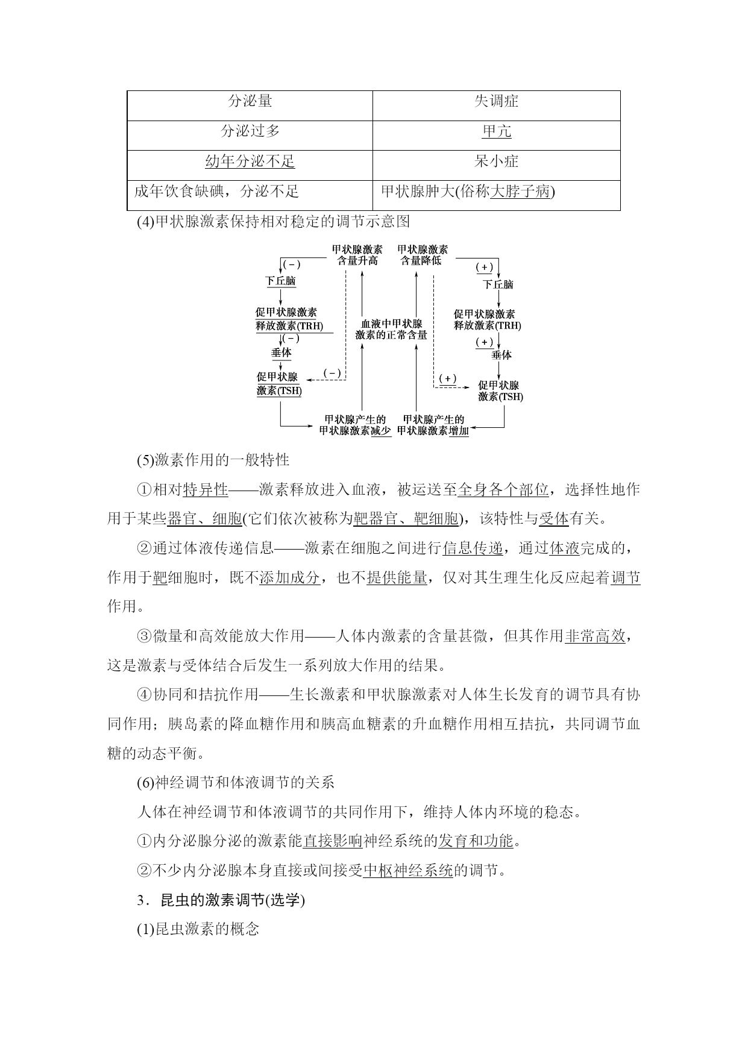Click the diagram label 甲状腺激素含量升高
(x=357, y=255)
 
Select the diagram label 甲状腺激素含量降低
(x=423, y=255)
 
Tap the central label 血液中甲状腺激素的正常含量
(x=391, y=329)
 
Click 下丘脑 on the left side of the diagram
(x=281, y=281)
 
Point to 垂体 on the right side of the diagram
(x=501, y=355)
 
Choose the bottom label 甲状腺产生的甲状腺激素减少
(x=355, y=425)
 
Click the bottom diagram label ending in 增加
(x=433, y=425)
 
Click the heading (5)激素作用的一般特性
(x=213, y=460)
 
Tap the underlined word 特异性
(x=206, y=489)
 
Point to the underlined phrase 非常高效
(x=595, y=636)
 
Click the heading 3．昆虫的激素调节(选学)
(x=221, y=900)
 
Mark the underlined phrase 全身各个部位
(x=503, y=489)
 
